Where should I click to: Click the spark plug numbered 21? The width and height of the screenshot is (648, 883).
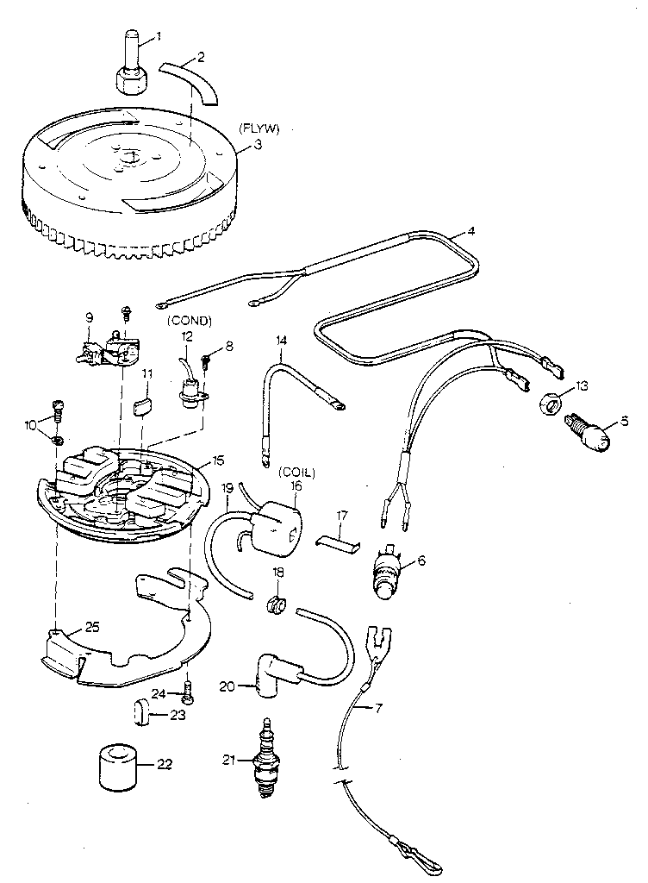point(268,759)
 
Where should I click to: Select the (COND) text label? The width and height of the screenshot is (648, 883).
point(189,321)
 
